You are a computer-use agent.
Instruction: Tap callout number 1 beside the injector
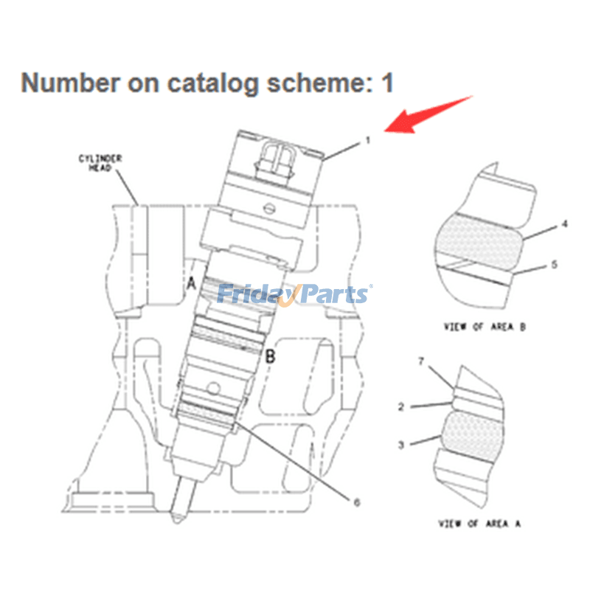(x=366, y=139)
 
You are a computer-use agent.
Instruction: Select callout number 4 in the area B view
(x=565, y=223)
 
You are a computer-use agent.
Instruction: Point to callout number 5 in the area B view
(x=565, y=265)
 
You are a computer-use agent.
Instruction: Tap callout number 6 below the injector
(x=356, y=502)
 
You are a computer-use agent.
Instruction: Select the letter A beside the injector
(x=191, y=282)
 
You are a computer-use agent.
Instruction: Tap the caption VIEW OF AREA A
(x=480, y=523)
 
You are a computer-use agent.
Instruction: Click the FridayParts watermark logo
(x=295, y=294)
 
